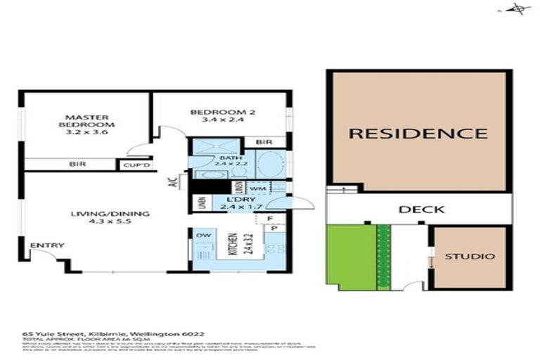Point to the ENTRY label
click(x=48, y=245)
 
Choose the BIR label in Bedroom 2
click(x=265, y=143)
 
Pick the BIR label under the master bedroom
click(x=77, y=165)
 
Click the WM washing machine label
click(x=257, y=188)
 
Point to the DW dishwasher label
click(x=204, y=235)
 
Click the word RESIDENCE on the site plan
click(x=418, y=133)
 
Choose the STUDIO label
click(x=469, y=257)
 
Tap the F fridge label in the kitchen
click(x=271, y=219)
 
